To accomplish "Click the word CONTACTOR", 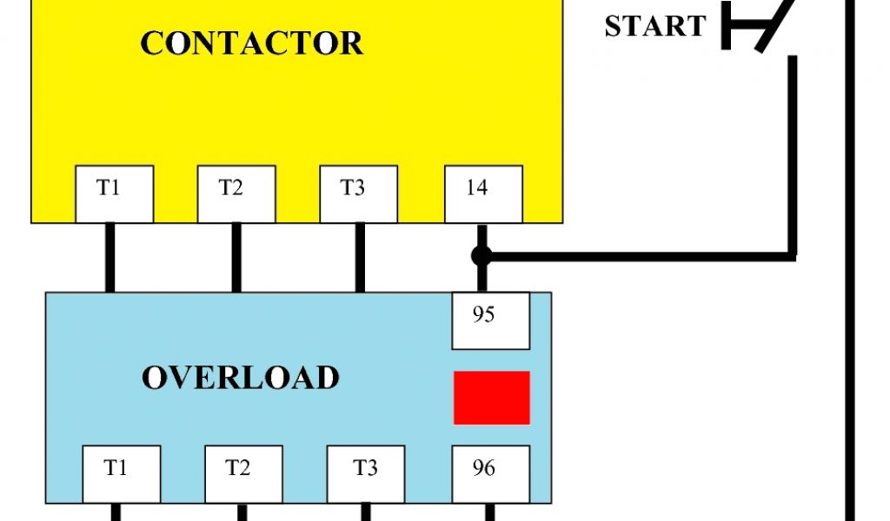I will click(x=252, y=43).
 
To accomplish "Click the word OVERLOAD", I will click(x=241, y=378).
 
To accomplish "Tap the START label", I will click(x=655, y=27).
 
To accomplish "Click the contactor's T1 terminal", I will click(x=114, y=194).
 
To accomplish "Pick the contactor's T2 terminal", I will click(x=236, y=194).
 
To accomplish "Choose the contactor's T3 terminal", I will click(x=358, y=194).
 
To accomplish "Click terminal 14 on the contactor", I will click(x=483, y=194).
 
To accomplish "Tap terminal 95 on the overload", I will click(x=490, y=320).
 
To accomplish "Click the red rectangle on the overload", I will click(x=491, y=398).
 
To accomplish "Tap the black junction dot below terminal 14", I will click(x=482, y=256).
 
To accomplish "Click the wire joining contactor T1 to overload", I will click(x=110, y=257).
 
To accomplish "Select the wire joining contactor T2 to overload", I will click(x=236, y=257).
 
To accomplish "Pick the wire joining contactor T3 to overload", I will click(x=359, y=257).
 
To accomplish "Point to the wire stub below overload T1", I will click(x=116, y=512).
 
